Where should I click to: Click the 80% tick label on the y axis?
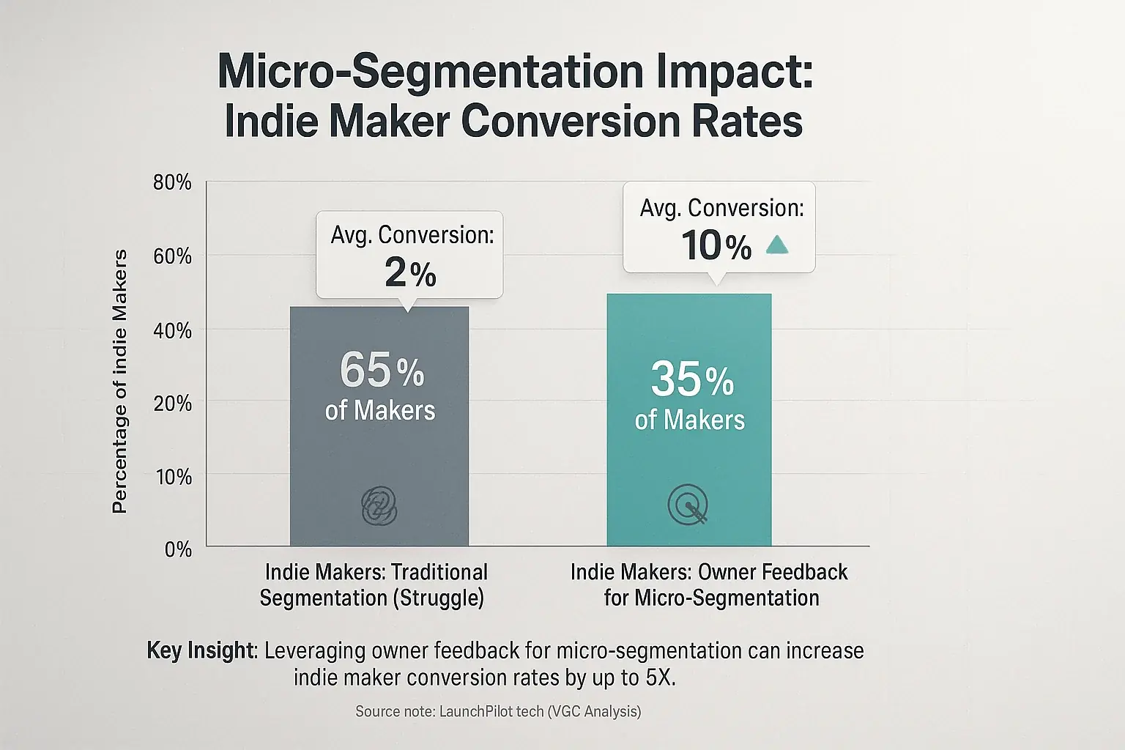click(x=172, y=182)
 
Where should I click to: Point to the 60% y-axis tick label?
click(x=172, y=256)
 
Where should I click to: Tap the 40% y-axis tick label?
click(x=172, y=330)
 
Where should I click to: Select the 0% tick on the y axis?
click(x=178, y=549)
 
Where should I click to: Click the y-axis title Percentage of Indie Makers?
click(x=119, y=381)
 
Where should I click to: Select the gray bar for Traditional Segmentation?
click(x=379, y=454)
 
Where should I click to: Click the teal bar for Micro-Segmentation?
click(x=688, y=461)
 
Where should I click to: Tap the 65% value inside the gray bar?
click(x=382, y=371)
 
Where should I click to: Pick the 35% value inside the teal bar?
click(x=692, y=379)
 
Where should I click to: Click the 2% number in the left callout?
click(x=410, y=273)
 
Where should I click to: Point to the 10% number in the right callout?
click(x=716, y=245)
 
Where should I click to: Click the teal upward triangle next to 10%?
click(x=776, y=245)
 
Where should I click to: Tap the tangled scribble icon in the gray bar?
click(x=379, y=506)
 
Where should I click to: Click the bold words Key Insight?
click(x=200, y=650)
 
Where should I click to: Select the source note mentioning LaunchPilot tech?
click(x=498, y=711)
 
